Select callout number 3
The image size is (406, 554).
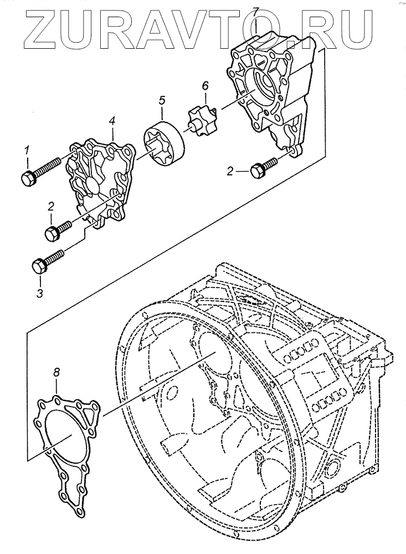[39, 293]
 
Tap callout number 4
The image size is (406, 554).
[112, 120]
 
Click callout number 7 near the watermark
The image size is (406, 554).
[256, 11]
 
